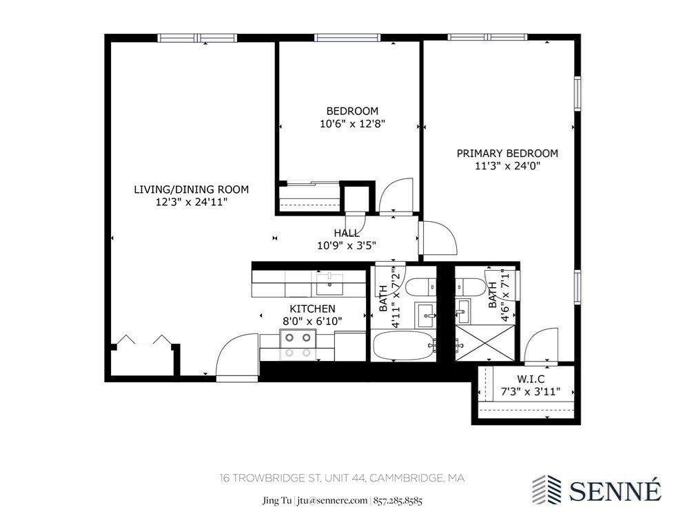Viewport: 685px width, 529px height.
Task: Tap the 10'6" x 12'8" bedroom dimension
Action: pyautogui.click(x=351, y=124)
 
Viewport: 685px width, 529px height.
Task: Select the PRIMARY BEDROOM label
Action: pyautogui.click(x=507, y=153)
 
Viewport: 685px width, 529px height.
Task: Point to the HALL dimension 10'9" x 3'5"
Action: pyautogui.click(x=346, y=245)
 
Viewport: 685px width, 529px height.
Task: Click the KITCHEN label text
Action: pyautogui.click(x=312, y=309)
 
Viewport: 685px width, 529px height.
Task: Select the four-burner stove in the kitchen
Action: pyautogui.click(x=297, y=344)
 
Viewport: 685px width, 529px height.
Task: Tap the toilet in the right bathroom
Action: pyautogui.click(x=471, y=284)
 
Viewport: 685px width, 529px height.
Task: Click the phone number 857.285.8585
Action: pyautogui.click(x=398, y=501)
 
